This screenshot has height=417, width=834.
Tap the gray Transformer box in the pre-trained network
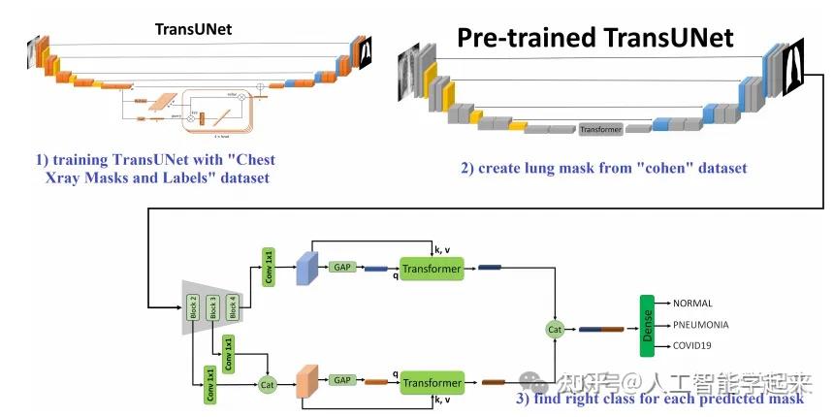pos(601,128)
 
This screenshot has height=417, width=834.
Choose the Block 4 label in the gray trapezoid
pos(232,307)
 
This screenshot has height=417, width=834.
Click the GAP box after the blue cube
pos(341,267)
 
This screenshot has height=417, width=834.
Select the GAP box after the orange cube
pos(341,381)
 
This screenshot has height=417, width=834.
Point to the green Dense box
pos(647,326)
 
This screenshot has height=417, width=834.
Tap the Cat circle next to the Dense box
pos(556,331)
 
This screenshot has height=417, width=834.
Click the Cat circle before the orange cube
pos(268,384)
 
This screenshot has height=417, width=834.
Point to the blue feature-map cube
pos(307,267)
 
